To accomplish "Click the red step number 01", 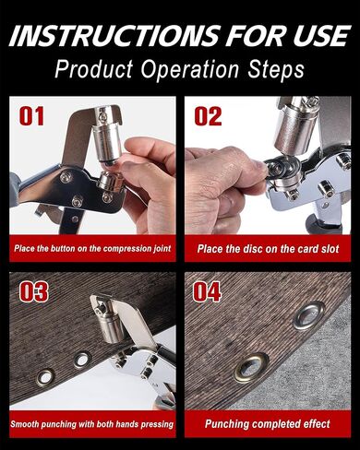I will pyautogui.click(x=33, y=116).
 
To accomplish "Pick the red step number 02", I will pyautogui.click(x=209, y=116).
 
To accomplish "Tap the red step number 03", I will pyautogui.click(x=33, y=291).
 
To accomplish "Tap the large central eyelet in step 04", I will pyautogui.click(x=250, y=368).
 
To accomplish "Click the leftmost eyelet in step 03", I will pyautogui.click(x=44, y=376).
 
